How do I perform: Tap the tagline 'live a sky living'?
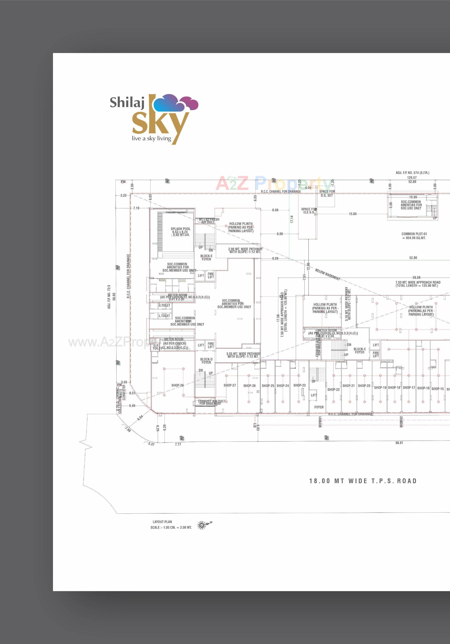pos(151,138)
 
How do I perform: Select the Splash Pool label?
pos(180,232)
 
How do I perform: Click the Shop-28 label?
pos(177,385)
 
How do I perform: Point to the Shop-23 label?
pos(299,385)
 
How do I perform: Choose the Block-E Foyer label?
pos(206,258)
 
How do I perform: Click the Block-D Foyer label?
pos(206,361)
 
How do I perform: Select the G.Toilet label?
pos(164,305)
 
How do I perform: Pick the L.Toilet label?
pos(164,316)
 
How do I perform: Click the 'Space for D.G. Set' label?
pos(327,193)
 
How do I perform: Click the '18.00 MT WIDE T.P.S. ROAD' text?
pos(363,481)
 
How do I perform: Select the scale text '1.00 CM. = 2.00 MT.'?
pos(171,527)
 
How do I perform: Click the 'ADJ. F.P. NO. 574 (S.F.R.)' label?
pos(412,173)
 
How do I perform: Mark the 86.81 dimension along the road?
pos(399,443)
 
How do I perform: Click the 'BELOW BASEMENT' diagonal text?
pos(327,275)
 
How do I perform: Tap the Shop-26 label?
pos(249,386)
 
